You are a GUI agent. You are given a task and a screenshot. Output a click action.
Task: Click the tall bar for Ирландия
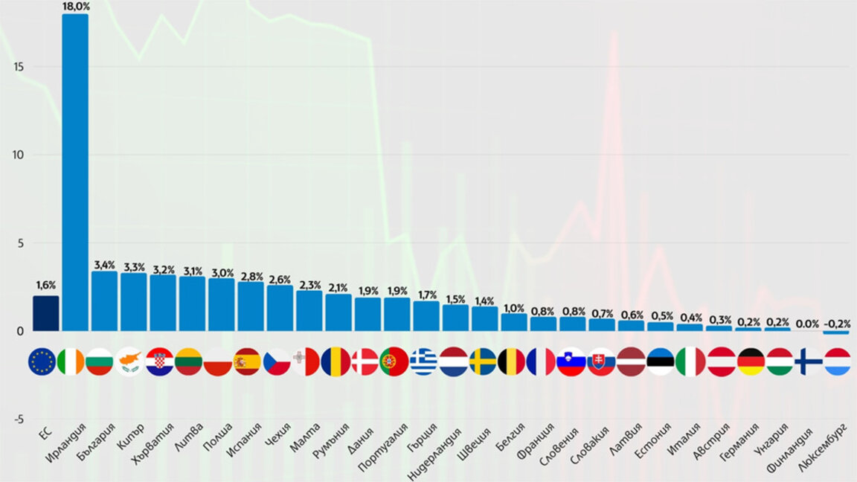[x=75, y=171]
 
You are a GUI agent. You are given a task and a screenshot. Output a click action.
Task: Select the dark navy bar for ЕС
[x=45, y=313]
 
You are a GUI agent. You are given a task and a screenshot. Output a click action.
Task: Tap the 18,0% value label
[x=75, y=6]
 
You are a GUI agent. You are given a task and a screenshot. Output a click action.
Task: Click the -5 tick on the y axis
[x=18, y=419]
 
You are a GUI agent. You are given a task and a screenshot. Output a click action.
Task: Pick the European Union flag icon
[x=42, y=362]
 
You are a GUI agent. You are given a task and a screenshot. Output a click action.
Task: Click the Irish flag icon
[x=71, y=362]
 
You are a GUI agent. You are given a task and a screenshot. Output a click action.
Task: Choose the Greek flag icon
[x=424, y=362]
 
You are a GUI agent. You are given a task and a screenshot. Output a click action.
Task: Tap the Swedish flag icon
[x=483, y=362]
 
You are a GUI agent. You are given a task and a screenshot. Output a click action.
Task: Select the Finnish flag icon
[x=808, y=362]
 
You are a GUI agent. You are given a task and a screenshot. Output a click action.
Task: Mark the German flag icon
[x=750, y=362]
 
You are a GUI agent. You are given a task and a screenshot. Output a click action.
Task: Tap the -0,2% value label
[x=837, y=324]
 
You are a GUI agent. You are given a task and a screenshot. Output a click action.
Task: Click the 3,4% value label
[x=104, y=265]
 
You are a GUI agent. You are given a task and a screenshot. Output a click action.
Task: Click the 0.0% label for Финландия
[x=808, y=324]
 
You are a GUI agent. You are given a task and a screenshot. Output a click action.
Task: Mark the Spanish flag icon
[x=248, y=362]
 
